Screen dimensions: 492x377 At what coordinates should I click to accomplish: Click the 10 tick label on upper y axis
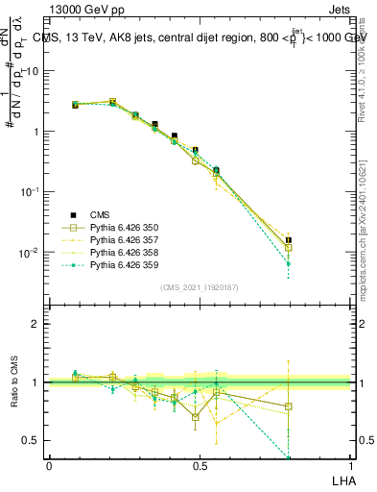(34, 71)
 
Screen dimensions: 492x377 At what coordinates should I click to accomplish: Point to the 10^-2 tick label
(31, 253)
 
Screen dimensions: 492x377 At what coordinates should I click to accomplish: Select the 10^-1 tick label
(31, 192)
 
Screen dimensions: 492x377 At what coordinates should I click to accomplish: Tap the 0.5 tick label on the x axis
(200, 465)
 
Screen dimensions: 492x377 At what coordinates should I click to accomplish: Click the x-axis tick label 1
(350, 465)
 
